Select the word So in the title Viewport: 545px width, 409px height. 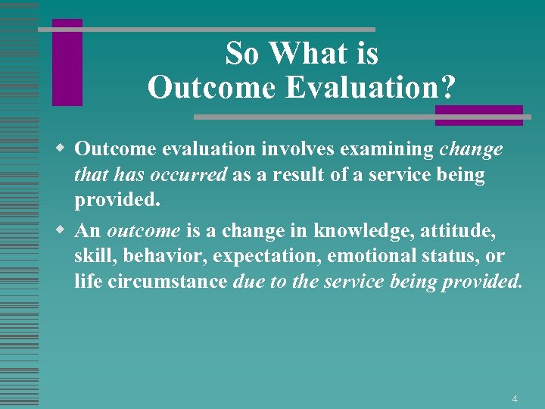[241, 54]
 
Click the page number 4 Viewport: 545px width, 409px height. [515, 398]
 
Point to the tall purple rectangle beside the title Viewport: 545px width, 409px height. [67, 63]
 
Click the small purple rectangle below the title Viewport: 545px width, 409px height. [478, 115]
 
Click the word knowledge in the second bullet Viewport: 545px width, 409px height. [349, 230]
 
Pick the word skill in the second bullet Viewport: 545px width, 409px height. [91, 256]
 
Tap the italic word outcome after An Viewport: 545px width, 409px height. [143, 230]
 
